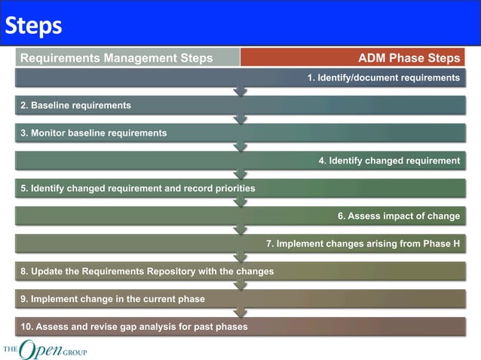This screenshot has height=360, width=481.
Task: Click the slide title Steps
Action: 33,26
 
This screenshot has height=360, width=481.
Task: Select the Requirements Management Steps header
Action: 116,58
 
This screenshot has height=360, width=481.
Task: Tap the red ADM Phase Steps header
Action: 409,58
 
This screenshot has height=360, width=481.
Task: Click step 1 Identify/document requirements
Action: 383,78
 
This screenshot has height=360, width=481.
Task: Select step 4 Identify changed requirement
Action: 388,160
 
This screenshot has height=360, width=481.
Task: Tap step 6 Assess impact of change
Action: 398,216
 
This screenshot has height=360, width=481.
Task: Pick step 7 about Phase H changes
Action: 363,243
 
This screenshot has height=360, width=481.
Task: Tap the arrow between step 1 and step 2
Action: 240,92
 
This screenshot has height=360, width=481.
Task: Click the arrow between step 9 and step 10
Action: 240,313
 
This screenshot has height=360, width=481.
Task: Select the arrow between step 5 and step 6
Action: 240,202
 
